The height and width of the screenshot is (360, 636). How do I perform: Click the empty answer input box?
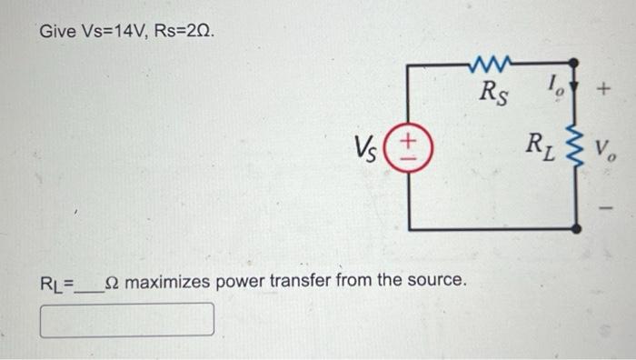click(127, 319)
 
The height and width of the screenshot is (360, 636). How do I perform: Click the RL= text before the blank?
click(56, 282)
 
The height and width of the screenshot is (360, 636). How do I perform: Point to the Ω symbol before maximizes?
click(112, 281)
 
